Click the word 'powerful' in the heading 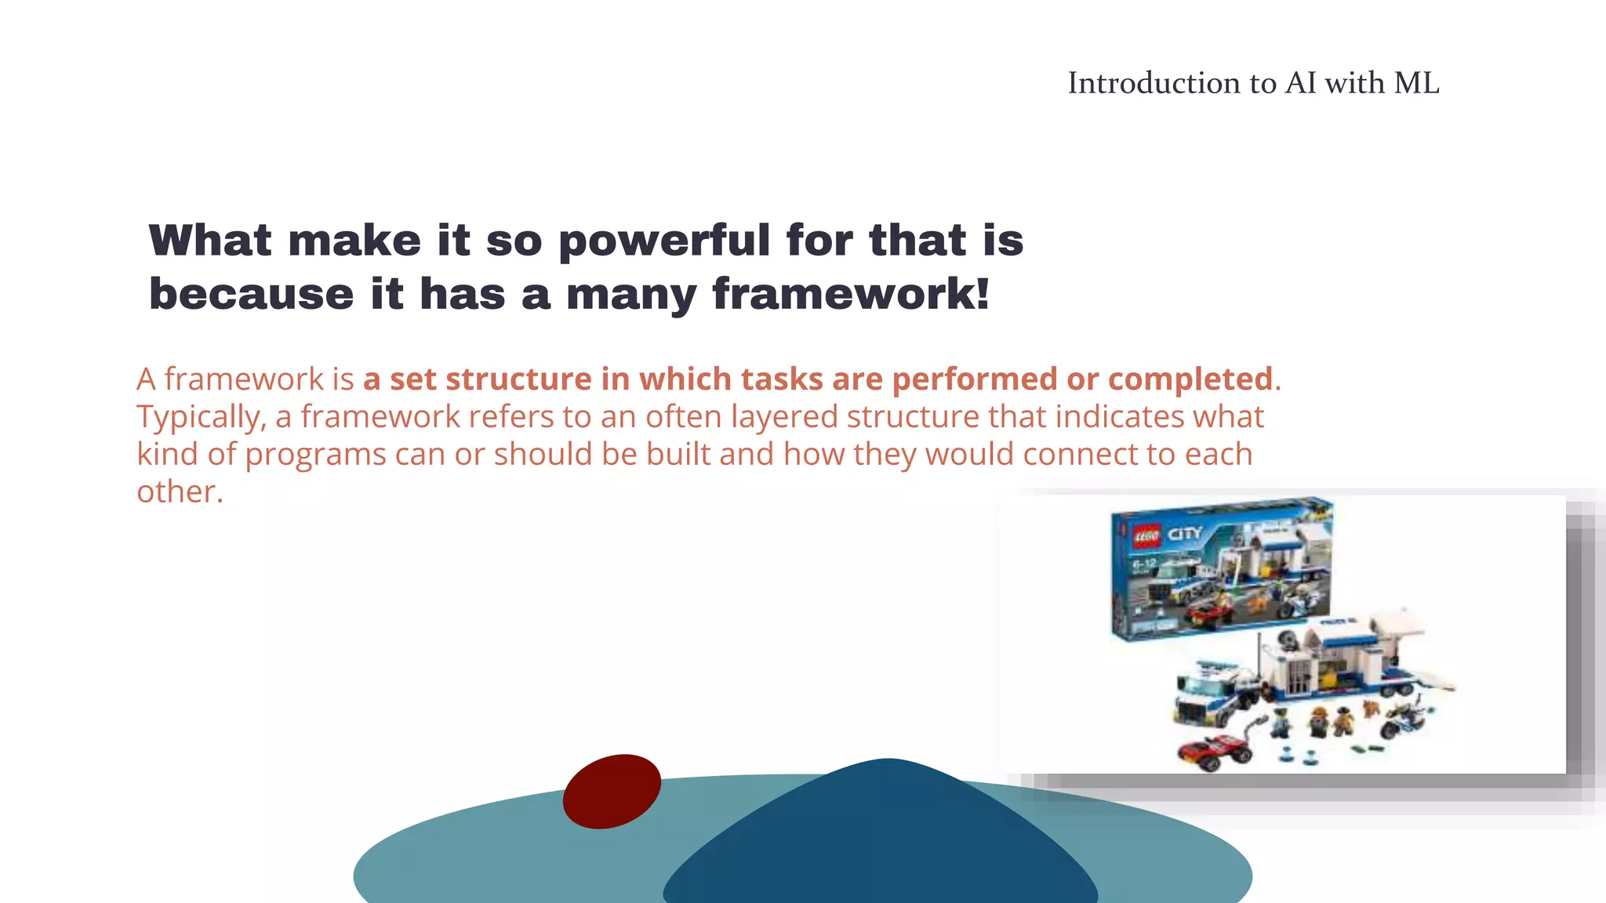click(x=663, y=241)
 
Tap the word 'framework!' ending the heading click(x=851, y=295)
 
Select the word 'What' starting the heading click(x=209, y=240)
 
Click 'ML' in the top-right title click(x=1416, y=83)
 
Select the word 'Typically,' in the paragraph click(x=202, y=417)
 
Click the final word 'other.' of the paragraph click(x=180, y=492)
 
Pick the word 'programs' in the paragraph click(x=315, y=455)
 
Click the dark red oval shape click(x=612, y=791)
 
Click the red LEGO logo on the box click(x=1146, y=537)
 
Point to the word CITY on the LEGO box click(x=1184, y=535)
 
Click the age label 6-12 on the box click(x=1143, y=564)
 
